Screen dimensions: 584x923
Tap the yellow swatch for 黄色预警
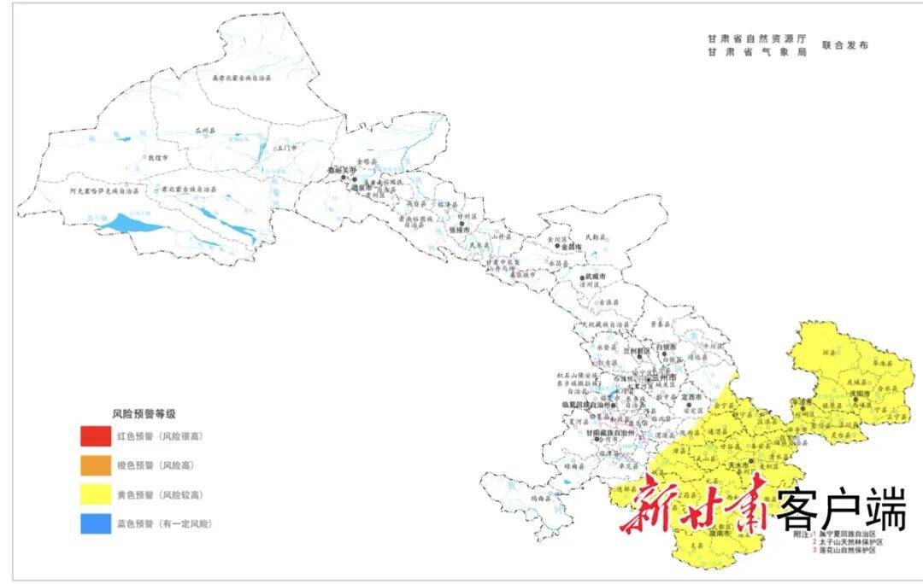tap(96, 495)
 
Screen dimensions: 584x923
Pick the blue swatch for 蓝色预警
tap(96, 523)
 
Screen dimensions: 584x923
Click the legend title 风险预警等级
tap(143, 413)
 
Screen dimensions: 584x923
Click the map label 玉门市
tap(285, 148)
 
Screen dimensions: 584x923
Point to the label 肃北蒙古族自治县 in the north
tap(241, 78)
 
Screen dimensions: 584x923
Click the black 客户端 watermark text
tap(840, 512)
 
